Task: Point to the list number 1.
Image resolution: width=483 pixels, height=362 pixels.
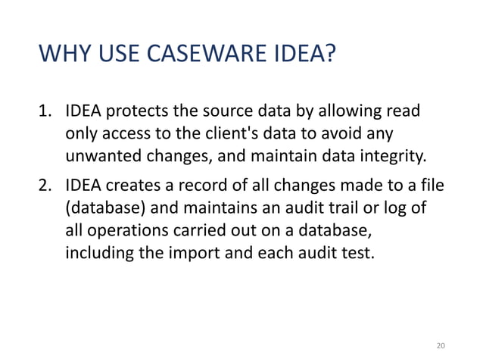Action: [x=46, y=114]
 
